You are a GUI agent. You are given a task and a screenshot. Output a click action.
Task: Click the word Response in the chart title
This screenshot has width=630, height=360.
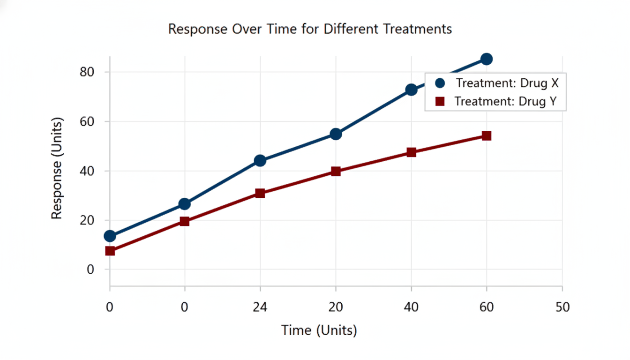click(198, 30)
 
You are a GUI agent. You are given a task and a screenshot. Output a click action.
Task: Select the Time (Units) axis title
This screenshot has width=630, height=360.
click(319, 330)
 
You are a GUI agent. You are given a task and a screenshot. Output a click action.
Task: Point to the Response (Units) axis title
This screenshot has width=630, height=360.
click(57, 168)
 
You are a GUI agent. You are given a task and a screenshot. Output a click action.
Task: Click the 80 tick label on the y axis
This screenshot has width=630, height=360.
click(87, 72)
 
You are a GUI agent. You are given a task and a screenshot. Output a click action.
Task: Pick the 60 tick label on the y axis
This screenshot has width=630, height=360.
click(87, 121)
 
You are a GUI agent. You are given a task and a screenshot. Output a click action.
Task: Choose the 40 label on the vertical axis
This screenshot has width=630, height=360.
click(87, 171)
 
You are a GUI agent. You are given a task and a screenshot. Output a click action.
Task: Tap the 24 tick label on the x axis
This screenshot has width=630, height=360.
click(260, 307)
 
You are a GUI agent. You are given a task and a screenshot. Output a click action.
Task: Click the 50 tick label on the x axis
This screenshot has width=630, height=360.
click(562, 307)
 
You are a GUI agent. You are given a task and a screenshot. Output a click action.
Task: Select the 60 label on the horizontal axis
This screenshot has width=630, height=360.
click(487, 307)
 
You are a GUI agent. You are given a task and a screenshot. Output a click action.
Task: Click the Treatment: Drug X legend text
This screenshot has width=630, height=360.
click(507, 83)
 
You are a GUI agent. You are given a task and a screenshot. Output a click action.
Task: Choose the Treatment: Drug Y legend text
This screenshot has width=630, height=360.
click(506, 101)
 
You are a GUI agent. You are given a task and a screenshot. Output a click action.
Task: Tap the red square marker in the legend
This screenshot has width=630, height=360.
click(440, 101)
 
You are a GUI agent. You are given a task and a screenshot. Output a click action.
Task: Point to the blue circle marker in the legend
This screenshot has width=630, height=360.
click(440, 83)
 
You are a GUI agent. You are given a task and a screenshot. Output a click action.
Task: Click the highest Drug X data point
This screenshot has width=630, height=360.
click(487, 59)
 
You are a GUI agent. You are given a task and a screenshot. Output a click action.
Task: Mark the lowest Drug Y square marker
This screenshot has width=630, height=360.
click(110, 251)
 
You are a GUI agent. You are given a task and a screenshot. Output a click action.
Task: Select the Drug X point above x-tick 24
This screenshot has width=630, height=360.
click(260, 161)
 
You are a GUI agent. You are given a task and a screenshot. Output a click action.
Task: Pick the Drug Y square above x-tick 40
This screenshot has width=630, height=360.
click(412, 152)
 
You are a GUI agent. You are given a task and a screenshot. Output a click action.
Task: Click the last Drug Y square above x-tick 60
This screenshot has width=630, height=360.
click(487, 136)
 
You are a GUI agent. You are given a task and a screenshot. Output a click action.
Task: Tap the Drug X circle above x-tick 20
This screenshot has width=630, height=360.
click(336, 134)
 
